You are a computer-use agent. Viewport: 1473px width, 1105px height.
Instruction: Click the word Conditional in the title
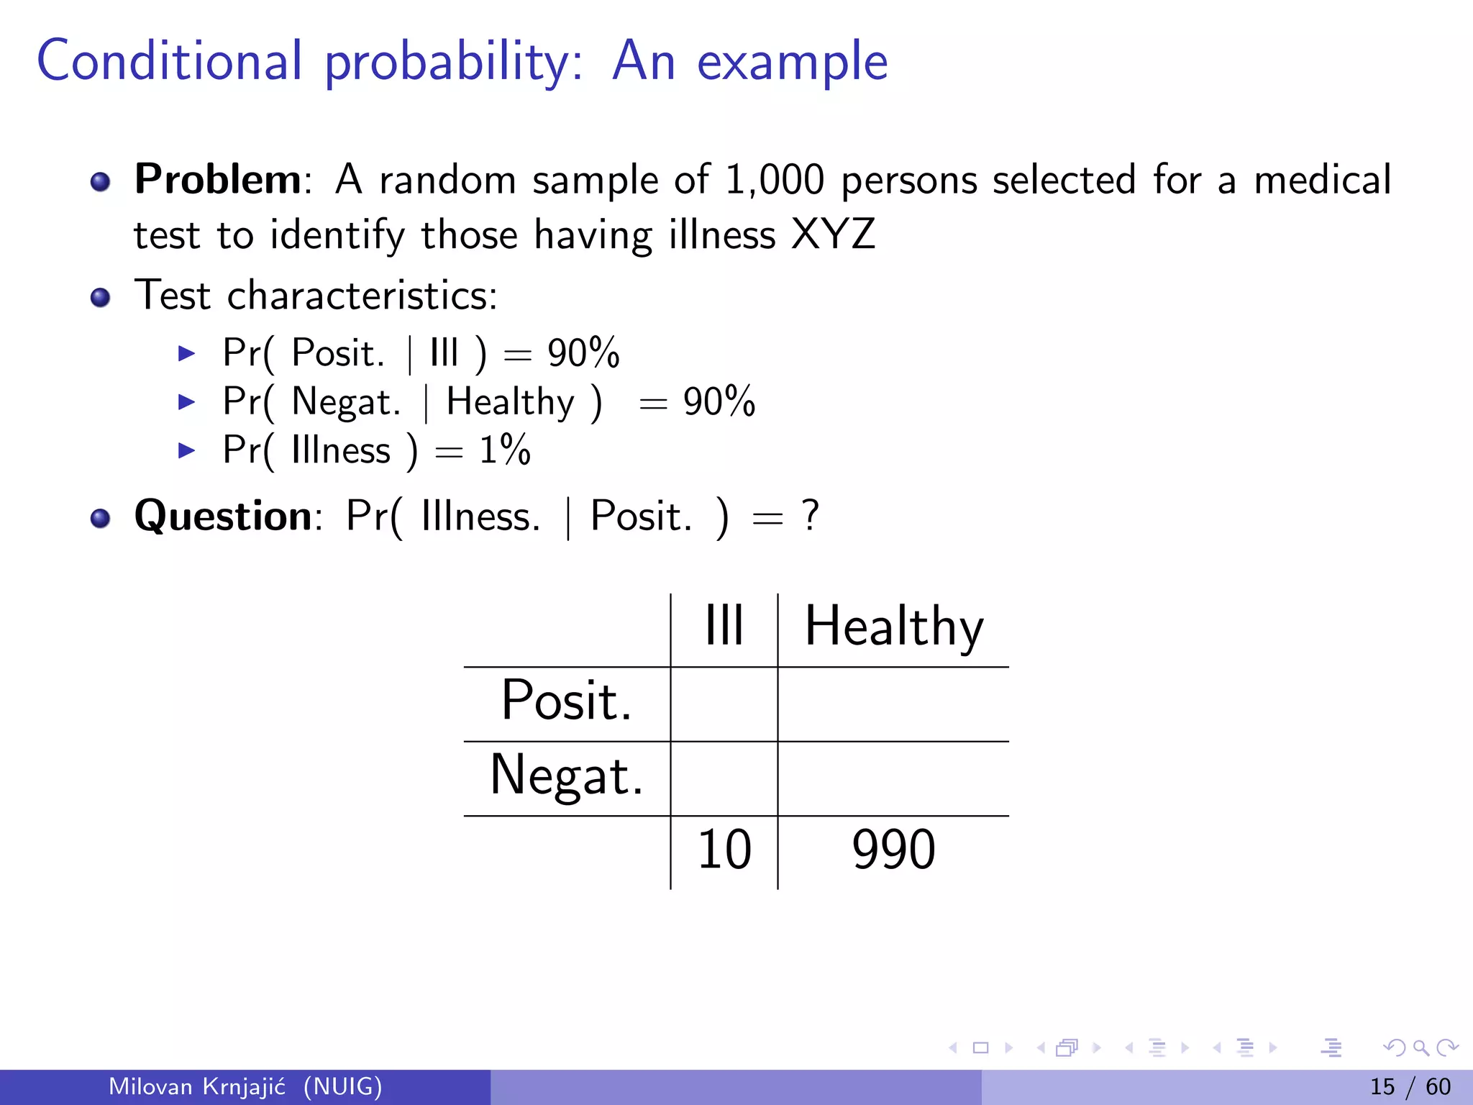click(169, 61)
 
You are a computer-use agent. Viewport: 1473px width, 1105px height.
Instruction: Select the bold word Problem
click(218, 179)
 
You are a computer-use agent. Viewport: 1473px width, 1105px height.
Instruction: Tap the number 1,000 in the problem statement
click(774, 180)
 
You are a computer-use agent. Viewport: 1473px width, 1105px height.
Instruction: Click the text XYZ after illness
click(833, 235)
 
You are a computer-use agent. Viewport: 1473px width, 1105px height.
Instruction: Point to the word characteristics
click(362, 296)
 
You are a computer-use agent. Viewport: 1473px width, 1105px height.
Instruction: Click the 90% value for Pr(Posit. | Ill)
click(583, 353)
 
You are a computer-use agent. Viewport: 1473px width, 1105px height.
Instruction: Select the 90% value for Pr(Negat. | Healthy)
click(719, 401)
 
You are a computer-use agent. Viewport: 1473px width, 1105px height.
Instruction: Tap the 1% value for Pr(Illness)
click(505, 450)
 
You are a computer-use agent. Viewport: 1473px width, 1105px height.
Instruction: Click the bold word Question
click(223, 516)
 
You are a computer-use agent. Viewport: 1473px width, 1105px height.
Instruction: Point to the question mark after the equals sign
click(811, 516)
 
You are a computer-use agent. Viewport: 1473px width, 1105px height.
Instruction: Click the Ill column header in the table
click(724, 626)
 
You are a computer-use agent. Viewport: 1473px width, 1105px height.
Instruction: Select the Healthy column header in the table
click(893, 627)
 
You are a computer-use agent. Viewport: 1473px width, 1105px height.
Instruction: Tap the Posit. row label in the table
click(566, 700)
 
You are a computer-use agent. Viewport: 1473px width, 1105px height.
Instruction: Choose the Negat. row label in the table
click(566, 776)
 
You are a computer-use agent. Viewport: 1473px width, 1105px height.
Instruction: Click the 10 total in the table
click(724, 850)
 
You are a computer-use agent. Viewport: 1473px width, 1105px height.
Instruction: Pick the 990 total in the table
click(893, 850)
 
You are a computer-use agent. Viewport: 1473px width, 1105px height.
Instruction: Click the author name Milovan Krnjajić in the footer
click(197, 1086)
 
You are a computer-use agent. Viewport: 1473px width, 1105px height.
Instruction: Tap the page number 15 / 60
click(1410, 1086)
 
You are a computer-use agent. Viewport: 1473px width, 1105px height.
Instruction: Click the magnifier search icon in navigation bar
click(1420, 1048)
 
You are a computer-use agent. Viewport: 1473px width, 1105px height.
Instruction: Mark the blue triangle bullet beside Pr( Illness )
click(186, 451)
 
